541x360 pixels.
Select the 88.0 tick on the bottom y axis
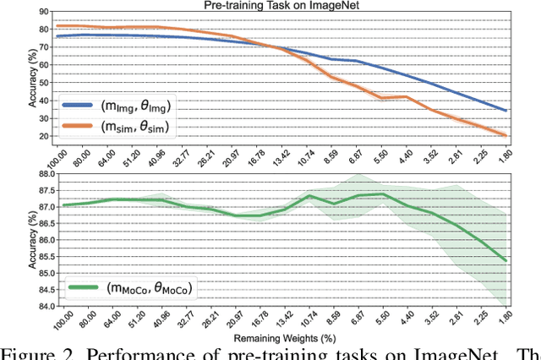[36, 173]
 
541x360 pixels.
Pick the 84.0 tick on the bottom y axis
[36, 306]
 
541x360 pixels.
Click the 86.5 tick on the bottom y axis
[36, 223]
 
